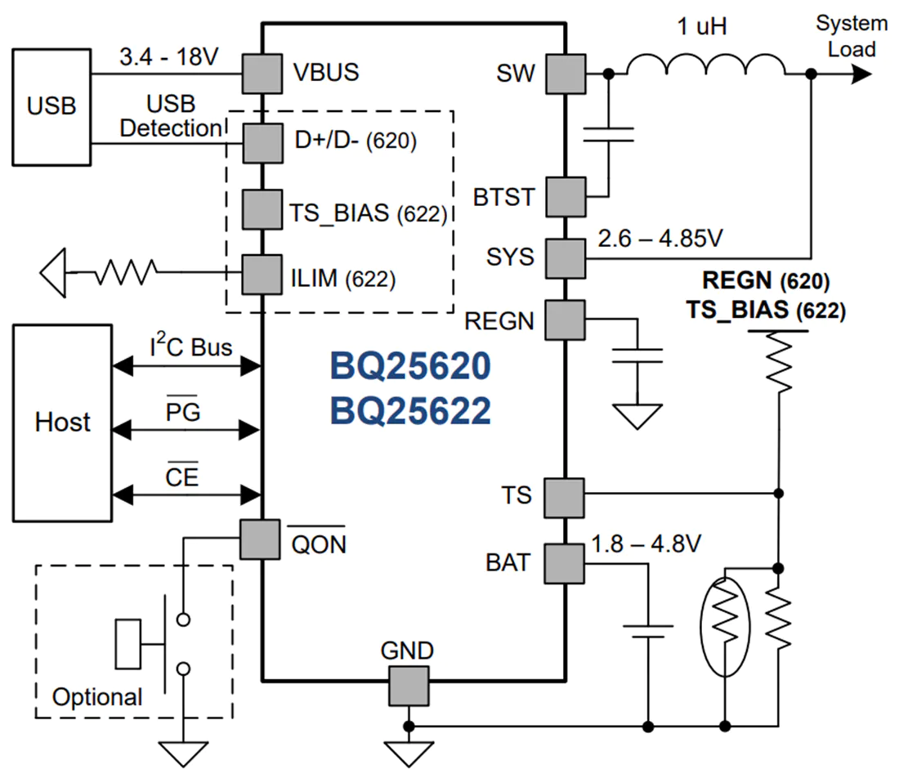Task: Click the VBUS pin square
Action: click(262, 74)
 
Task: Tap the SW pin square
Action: click(566, 74)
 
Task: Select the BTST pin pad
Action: click(566, 197)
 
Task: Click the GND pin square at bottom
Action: click(409, 686)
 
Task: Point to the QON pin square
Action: click(260, 539)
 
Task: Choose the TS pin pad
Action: click(565, 498)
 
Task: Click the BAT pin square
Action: click(565, 564)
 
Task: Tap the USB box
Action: click(51, 107)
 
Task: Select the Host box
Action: click(62, 423)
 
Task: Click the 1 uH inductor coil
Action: click(706, 65)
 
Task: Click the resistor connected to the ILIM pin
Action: click(126, 272)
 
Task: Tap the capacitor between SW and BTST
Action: click(608, 135)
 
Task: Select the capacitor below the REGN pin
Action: click(637, 356)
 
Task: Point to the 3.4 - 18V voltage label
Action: click(168, 56)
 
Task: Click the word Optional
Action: click(97, 697)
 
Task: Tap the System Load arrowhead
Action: click(861, 74)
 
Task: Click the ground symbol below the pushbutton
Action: click(183, 754)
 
